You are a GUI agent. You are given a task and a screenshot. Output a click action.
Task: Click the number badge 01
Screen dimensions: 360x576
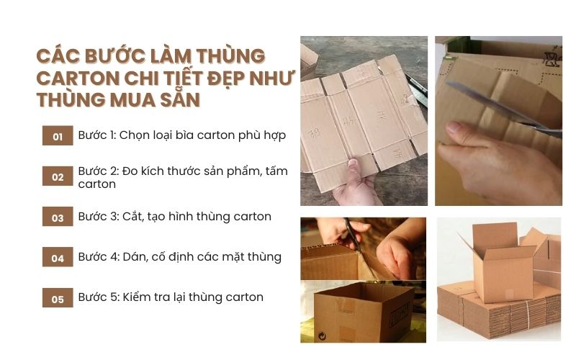click(x=58, y=136)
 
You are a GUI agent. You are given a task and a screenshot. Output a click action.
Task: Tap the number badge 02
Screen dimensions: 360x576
click(x=58, y=176)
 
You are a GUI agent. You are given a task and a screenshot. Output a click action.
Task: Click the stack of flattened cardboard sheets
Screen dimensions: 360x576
click(x=497, y=310)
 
